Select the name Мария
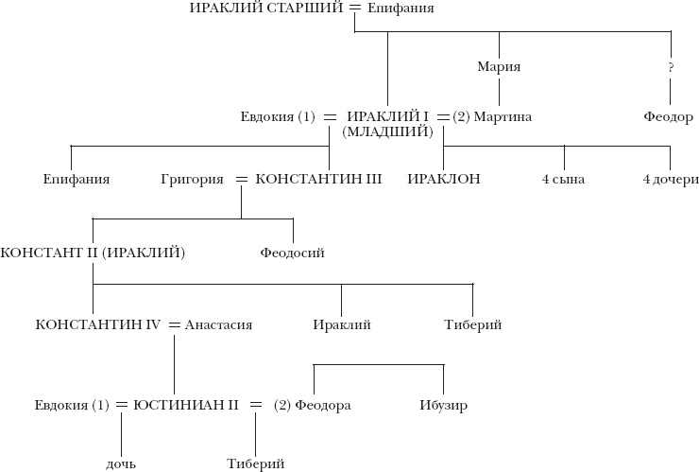click(x=500, y=67)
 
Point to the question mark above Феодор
click(x=671, y=68)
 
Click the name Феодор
click(x=670, y=117)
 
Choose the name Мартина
click(x=503, y=117)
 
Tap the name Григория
click(x=193, y=179)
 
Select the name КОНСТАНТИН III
click(x=318, y=179)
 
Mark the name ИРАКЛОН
click(x=444, y=179)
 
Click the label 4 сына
click(x=563, y=179)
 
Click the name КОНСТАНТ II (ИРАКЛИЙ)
click(x=93, y=253)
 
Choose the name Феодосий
click(x=293, y=253)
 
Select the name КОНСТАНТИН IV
click(x=98, y=324)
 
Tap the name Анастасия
click(x=218, y=324)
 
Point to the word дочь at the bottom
click(x=122, y=463)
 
